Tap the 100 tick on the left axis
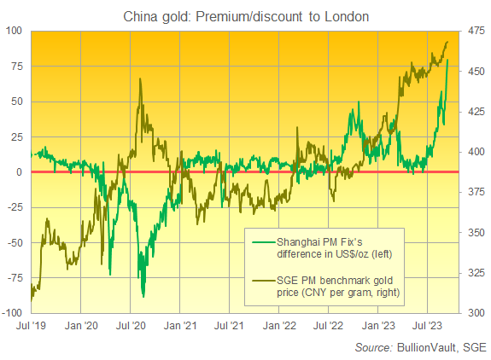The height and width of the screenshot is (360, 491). [x=15, y=31]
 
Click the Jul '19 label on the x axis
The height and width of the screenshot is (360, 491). [x=31, y=325]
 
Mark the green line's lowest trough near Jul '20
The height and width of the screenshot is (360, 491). [x=143, y=296]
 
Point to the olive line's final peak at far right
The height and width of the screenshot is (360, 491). [x=448, y=42]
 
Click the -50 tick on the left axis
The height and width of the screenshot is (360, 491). [x=15, y=242]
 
